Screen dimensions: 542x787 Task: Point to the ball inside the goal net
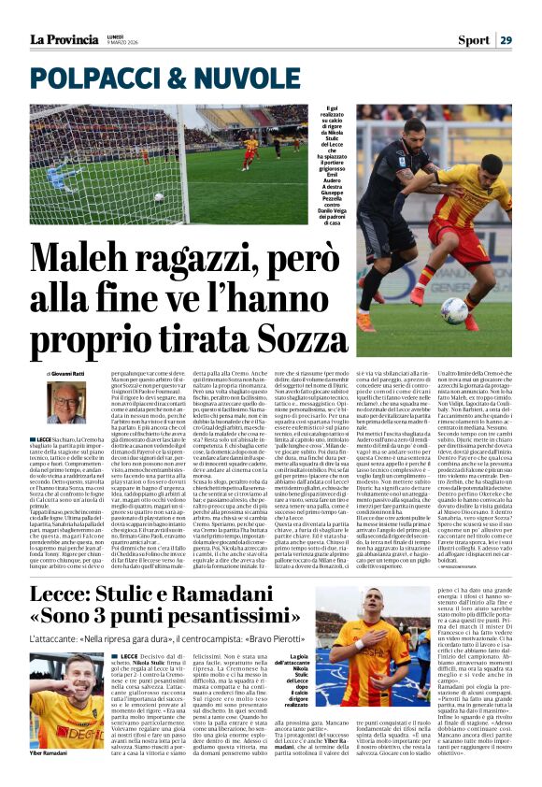click(x=160, y=197)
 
